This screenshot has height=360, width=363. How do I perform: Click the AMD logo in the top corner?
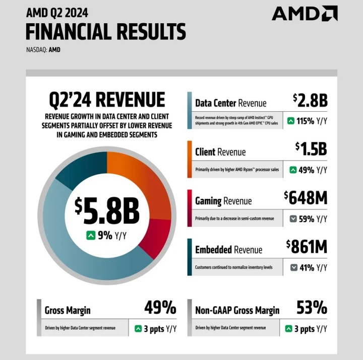pyautogui.click(x=305, y=14)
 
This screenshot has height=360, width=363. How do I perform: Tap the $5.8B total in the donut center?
pyautogui.click(x=107, y=211)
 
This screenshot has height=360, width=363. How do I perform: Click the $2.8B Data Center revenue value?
pyautogui.click(x=310, y=100)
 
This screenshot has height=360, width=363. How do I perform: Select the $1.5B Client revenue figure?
pyautogui.click(x=311, y=149)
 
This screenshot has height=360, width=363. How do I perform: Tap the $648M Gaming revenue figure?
pyautogui.click(x=306, y=198)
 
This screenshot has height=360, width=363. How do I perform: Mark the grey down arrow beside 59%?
pyautogui.click(x=293, y=219)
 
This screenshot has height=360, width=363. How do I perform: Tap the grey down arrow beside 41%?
pyautogui.click(x=293, y=267)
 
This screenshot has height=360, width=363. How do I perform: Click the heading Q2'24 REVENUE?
pyautogui.click(x=107, y=99)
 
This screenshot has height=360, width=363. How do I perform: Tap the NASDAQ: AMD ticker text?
pyautogui.click(x=43, y=50)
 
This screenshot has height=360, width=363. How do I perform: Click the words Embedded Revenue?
pyautogui.click(x=228, y=250)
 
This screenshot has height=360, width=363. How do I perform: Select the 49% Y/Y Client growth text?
pyautogui.click(x=313, y=170)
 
